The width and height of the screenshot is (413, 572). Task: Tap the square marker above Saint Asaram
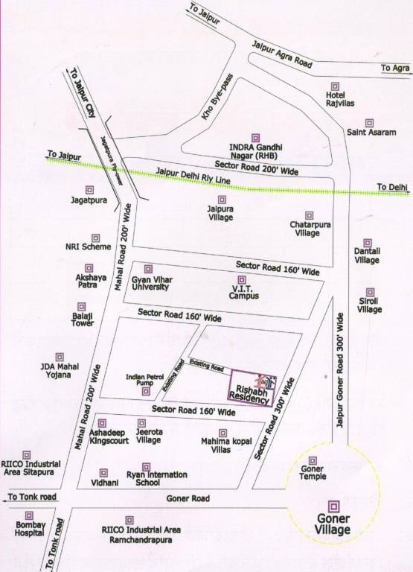pyautogui.click(x=368, y=123)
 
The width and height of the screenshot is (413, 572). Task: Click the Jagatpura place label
pyautogui.click(x=90, y=201)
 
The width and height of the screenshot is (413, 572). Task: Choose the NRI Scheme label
pyautogui.click(x=88, y=247)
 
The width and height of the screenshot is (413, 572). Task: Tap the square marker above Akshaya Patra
pyautogui.click(x=89, y=267)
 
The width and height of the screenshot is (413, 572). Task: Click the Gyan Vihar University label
pyautogui.click(x=151, y=282)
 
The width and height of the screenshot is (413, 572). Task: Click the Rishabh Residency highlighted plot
pyautogui.click(x=252, y=387)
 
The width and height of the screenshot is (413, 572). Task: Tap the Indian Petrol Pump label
pyautogui.click(x=144, y=380)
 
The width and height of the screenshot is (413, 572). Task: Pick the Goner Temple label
pyautogui.click(x=313, y=475)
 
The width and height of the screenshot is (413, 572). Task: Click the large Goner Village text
pyautogui.click(x=333, y=524)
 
